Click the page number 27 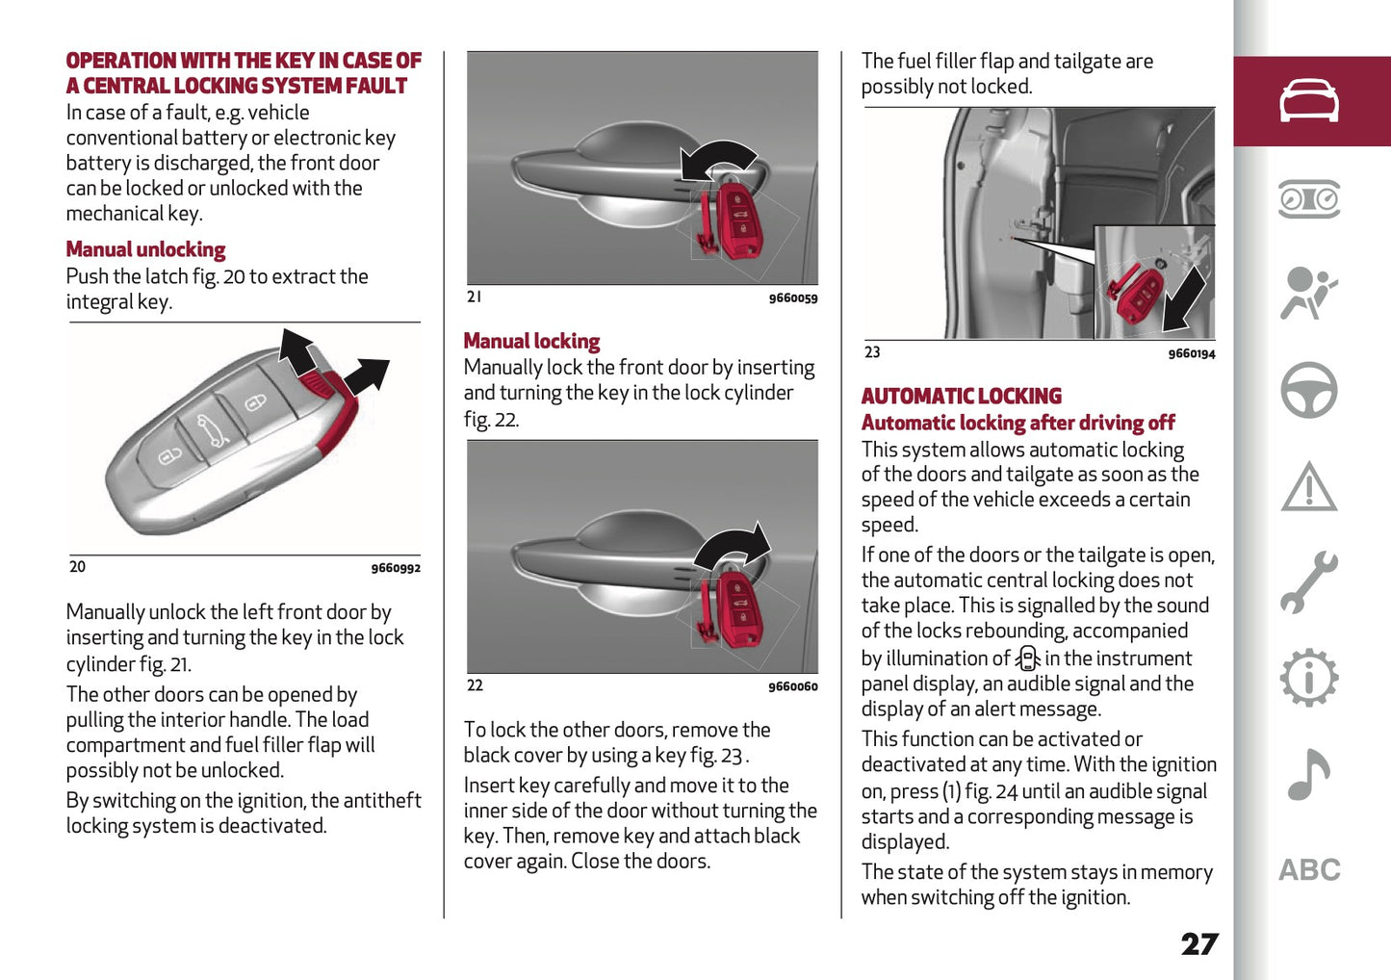(x=1198, y=944)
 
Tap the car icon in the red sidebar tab (x=1308, y=101)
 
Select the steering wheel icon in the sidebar (x=1308, y=390)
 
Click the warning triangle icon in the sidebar (x=1308, y=487)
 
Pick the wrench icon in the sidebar (x=1308, y=582)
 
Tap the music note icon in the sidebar (x=1308, y=775)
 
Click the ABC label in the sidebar (x=1308, y=870)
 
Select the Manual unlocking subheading (x=145, y=250)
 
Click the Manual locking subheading (x=531, y=342)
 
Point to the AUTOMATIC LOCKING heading (x=961, y=397)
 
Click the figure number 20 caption (x=77, y=567)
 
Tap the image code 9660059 (x=792, y=298)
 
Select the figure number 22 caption (x=475, y=685)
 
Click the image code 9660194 (x=1191, y=354)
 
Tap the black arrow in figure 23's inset (x=1183, y=297)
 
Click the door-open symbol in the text (x=1028, y=658)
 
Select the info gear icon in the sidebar (x=1308, y=679)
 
